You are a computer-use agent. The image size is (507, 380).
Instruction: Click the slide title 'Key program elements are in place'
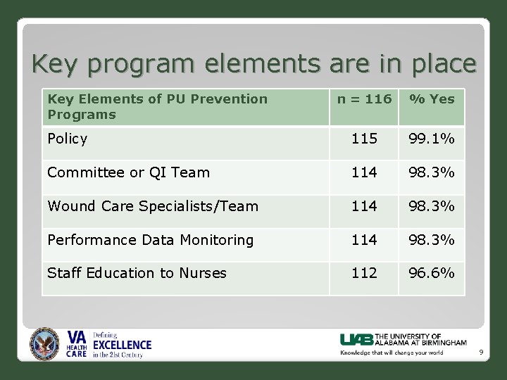point(254,64)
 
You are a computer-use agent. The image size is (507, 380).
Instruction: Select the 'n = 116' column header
point(364,99)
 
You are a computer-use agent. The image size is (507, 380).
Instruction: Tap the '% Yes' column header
point(432,99)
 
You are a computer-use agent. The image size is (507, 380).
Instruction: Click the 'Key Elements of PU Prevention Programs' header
point(157,106)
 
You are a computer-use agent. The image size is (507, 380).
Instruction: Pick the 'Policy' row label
point(68,139)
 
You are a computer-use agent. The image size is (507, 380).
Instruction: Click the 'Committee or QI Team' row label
point(128,172)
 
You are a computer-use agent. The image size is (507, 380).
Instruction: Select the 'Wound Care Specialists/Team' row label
point(153,206)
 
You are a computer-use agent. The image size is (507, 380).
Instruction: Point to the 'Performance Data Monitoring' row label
point(150,240)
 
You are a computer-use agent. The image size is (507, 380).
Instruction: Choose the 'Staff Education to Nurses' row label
point(137,273)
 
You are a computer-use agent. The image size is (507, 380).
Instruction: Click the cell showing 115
point(364,139)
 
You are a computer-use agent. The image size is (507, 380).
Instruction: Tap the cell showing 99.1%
point(432,139)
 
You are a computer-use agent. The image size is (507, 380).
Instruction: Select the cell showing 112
point(364,273)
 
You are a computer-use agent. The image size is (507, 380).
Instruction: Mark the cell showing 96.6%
point(432,273)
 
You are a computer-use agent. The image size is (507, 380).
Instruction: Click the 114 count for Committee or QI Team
point(364,172)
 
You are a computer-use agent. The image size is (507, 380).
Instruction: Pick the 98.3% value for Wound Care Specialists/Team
point(432,206)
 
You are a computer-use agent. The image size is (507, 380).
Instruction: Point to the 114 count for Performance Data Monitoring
point(364,240)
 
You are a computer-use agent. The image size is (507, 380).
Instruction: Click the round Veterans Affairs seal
point(45,345)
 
